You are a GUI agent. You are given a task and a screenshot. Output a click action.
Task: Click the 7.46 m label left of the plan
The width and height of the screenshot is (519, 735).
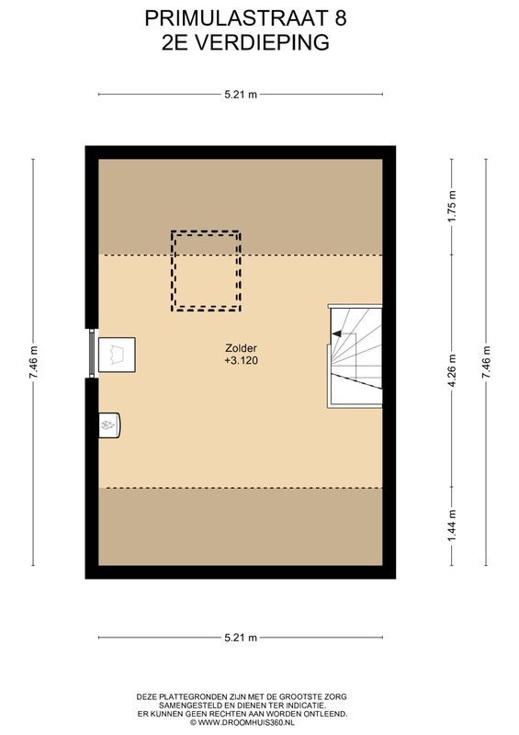[33, 363]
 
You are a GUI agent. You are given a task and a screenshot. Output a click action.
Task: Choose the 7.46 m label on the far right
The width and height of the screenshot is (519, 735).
[487, 363]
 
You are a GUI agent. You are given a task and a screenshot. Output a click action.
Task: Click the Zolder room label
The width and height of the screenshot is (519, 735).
[240, 348]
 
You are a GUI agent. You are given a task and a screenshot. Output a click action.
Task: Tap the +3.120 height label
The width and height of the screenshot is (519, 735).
[240, 362]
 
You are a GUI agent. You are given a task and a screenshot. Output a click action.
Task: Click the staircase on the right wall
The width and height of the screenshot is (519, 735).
[356, 356]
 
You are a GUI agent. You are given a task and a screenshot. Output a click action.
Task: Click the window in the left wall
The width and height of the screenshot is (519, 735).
[92, 354]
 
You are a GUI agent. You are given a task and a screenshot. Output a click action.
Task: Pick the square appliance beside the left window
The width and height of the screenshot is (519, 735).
[118, 355]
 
